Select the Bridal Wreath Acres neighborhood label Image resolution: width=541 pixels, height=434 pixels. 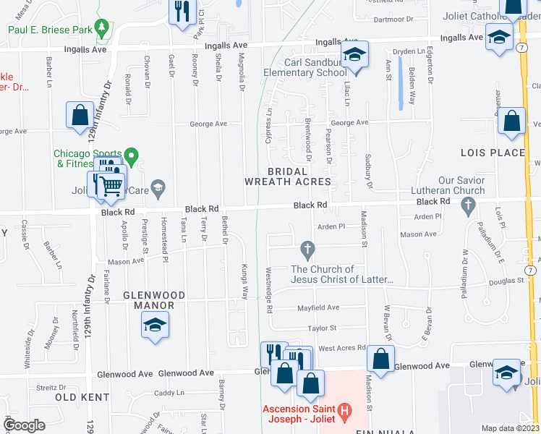point(288,176)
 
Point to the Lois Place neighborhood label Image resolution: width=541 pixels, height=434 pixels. point(493,153)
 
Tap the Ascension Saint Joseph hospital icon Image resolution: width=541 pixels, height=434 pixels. point(344,414)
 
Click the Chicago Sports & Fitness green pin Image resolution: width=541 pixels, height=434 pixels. point(131,155)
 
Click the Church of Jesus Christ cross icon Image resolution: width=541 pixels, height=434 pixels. point(307,250)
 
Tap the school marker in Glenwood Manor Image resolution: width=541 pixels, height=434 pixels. point(155,326)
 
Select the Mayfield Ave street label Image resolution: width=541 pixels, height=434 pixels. point(319,307)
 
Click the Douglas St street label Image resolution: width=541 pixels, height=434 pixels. point(506,281)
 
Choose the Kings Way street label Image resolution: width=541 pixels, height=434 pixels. point(245,281)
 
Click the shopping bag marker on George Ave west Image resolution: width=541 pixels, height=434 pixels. point(79,116)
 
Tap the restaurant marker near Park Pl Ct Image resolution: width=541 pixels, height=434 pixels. point(182,12)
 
